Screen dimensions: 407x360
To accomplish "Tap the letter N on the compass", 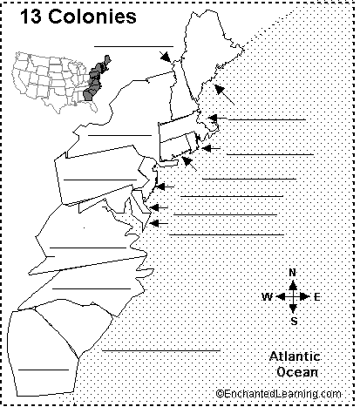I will (x=293, y=273).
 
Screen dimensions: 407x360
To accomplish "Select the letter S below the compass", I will (x=294, y=321).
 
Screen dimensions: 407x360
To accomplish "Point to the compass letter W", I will (x=267, y=297).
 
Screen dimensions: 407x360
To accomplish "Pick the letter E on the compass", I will (x=318, y=297).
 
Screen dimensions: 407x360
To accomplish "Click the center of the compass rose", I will (x=293, y=297).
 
